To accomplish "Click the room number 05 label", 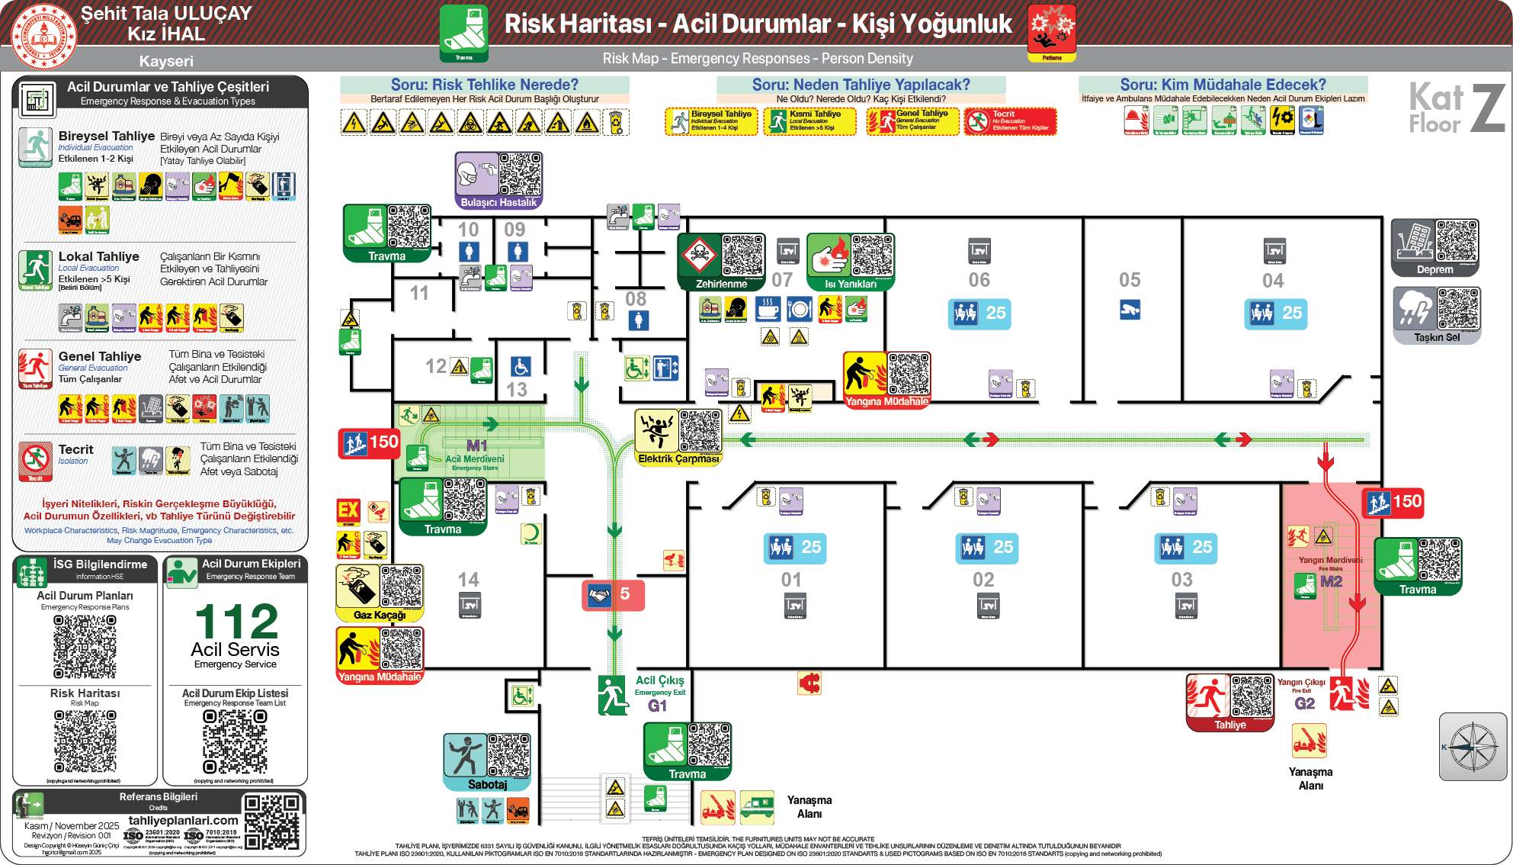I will point(1130,280).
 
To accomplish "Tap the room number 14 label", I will point(468,580).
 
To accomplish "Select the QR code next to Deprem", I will point(1457,241).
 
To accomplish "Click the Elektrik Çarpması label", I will point(678,459).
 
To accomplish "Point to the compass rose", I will point(1473,747).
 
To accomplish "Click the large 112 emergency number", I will point(236,622).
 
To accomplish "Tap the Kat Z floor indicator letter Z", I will point(1487,108).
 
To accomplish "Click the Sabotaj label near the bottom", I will point(487,784).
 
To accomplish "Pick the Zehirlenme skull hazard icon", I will point(698,256).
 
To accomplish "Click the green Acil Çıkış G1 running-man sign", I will point(613,695).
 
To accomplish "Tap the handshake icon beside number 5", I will point(600,595).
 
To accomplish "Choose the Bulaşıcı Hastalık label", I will point(498,202).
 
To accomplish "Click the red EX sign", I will point(348,510).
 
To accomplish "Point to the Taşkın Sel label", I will point(1437,337).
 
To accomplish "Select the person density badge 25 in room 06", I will point(979,313).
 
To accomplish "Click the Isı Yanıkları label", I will point(851,284).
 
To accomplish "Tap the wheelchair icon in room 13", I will point(521,367).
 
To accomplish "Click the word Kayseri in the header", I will point(166,61).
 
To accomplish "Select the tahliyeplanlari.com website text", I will point(183,820).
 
